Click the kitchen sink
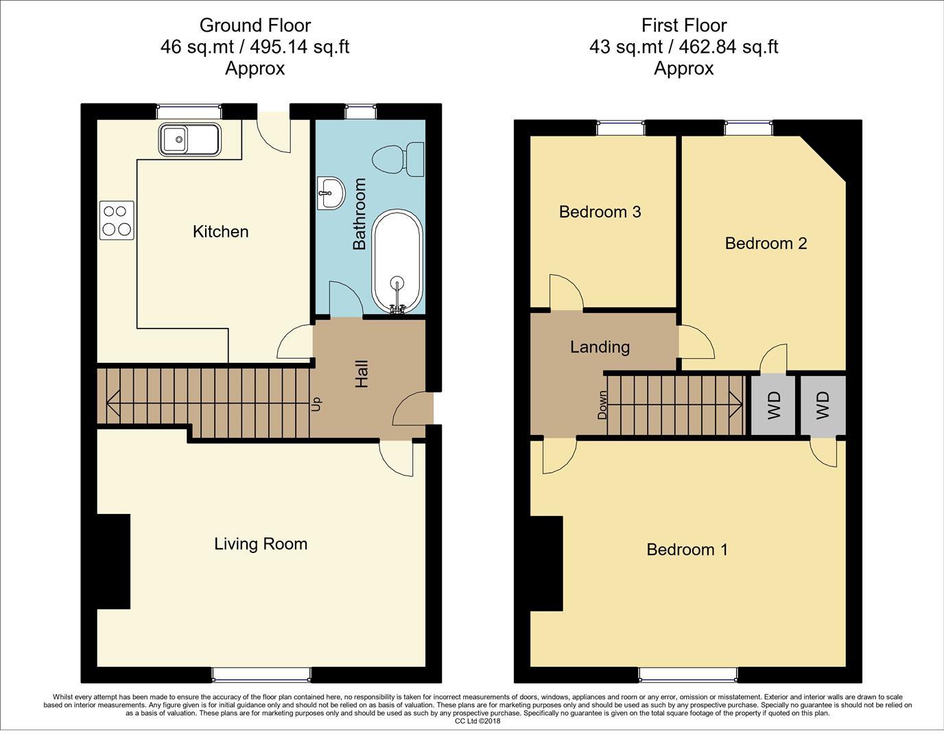click(189, 139)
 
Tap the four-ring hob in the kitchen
click(117, 220)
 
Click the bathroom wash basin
click(331, 193)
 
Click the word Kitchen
click(220, 232)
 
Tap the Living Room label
click(261, 544)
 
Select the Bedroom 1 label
click(687, 550)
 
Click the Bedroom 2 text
click(766, 244)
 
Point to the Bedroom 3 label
click(600, 212)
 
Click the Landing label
click(600, 347)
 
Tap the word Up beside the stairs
click(316, 404)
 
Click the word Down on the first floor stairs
click(602, 405)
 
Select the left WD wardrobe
click(774, 405)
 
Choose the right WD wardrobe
click(823, 405)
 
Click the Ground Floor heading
click(255, 25)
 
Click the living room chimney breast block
click(113, 561)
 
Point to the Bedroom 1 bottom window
click(687, 675)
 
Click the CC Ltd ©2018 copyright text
click(477, 721)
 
